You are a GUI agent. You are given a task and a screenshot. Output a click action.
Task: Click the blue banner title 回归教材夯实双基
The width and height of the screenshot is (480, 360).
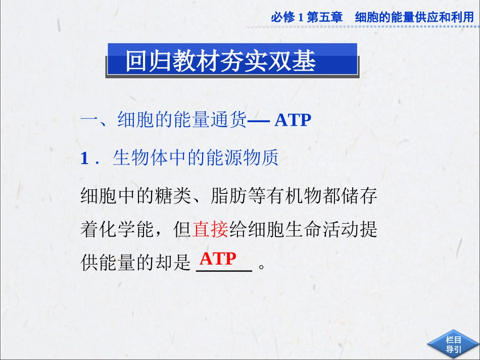coord(221,61)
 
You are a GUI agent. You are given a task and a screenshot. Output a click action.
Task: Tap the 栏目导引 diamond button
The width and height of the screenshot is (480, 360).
coord(453,344)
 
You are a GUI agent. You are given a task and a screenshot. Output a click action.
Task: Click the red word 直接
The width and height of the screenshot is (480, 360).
coord(210,230)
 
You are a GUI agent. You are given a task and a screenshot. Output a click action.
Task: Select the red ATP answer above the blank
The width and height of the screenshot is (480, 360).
coord(218,259)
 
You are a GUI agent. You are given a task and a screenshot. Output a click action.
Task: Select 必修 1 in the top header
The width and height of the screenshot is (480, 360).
coord(286,17)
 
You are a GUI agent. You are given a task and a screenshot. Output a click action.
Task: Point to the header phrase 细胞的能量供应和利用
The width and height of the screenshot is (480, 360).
coord(414,17)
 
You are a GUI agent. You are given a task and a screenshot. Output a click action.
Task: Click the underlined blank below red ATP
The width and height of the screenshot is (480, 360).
coord(223,270)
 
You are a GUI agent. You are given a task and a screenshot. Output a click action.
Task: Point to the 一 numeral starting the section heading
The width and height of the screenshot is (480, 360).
coord(89,120)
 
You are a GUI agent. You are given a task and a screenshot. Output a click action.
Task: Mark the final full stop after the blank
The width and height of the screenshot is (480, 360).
coord(261,266)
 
